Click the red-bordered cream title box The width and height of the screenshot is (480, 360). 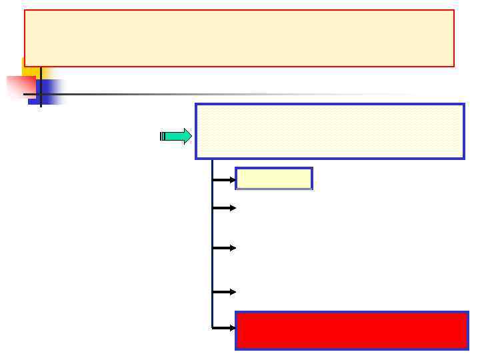tap(239, 38)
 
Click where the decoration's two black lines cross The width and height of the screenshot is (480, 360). tap(41, 94)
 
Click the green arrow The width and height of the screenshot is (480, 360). tap(176, 137)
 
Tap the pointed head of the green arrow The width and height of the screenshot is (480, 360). tap(187, 137)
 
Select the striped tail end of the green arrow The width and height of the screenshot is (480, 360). tap(162, 137)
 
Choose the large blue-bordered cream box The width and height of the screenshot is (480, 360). tap(329, 131)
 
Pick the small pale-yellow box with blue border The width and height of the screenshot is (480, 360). tap(273, 179)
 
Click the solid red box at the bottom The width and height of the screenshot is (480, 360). tap(351, 330)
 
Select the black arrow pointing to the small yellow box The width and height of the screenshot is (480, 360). tap(224, 179)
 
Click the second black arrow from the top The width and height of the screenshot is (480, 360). tap(224, 208)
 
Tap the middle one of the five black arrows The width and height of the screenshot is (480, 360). tap(224, 248)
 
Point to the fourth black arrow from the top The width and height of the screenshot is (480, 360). tap(224, 292)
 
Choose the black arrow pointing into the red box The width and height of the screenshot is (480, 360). tap(224, 327)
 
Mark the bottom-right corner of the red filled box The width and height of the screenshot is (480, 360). tap(467, 348)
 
